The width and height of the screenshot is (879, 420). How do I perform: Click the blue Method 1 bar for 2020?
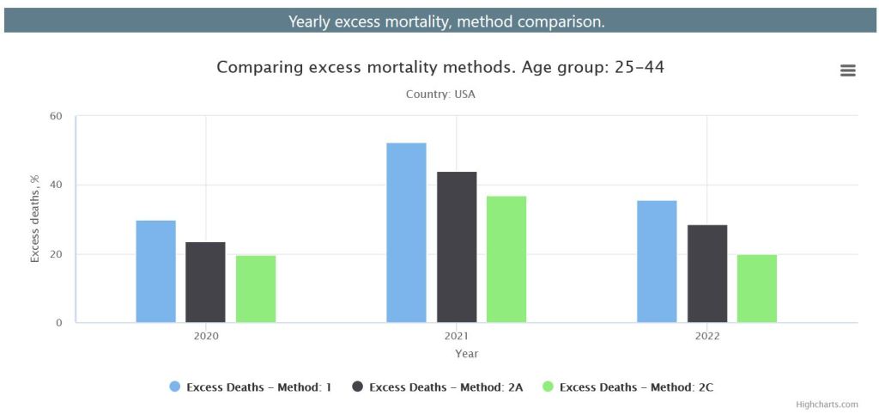coord(155,271)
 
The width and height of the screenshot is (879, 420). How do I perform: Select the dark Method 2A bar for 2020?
coord(205,283)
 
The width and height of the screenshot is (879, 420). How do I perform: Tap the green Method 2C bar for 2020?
coord(256,289)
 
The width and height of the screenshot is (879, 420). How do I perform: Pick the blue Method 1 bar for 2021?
coord(406,233)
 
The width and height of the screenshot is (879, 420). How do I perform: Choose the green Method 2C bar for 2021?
coord(506,259)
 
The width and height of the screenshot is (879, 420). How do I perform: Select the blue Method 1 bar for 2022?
coord(657,262)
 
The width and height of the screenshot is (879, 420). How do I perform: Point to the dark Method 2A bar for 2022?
coord(707,274)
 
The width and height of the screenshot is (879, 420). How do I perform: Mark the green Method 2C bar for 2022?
coord(757,289)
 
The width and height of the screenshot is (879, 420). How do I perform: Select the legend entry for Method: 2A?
coord(446,387)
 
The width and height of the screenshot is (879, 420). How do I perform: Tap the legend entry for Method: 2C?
coord(635,387)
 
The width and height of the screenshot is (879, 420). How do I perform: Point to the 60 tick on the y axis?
coord(57,116)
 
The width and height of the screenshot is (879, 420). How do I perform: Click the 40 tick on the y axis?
coord(57,185)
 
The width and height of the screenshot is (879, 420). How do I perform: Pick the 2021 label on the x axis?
coord(457,336)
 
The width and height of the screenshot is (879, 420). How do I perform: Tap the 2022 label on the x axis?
coord(707,336)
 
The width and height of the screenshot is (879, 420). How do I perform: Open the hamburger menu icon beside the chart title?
coord(848,70)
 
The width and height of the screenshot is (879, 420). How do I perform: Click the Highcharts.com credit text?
coord(827,405)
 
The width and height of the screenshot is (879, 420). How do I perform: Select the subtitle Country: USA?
coord(440,94)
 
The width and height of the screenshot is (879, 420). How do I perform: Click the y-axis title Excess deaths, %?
coord(35,219)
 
